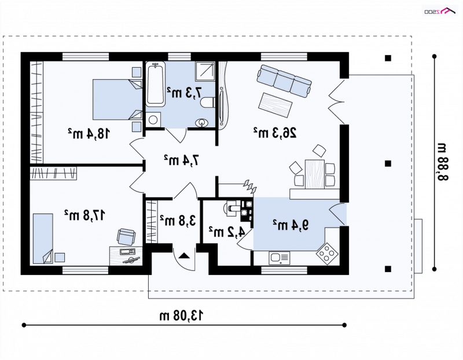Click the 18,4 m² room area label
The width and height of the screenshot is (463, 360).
click(x=89, y=134)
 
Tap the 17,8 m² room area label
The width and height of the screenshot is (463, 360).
click(x=85, y=215)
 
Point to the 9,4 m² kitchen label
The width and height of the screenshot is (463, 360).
click(x=291, y=225)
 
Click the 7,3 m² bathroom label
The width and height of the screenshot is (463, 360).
click(x=185, y=93)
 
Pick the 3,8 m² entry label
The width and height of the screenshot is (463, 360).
click(x=178, y=221)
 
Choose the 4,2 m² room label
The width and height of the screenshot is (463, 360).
click(x=227, y=232)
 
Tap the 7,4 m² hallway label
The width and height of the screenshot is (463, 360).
click(x=182, y=160)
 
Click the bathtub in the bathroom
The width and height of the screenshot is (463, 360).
click(x=155, y=84)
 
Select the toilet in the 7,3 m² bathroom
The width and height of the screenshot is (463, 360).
click(x=207, y=102)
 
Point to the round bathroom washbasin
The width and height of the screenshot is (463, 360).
click(x=202, y=122)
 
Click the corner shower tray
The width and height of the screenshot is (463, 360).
click(x=205, y=71)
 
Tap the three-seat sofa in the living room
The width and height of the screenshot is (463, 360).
click(x=284, y=81)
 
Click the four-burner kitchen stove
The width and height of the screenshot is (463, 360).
click(x=327, y=254)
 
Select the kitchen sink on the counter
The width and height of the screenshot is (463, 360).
click(x=279, y=258)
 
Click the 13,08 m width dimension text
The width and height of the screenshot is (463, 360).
click(x=182, y=315)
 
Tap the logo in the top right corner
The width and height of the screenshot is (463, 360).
click(x=440, y=11)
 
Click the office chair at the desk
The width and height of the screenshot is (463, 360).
click(x=126, y=237)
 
